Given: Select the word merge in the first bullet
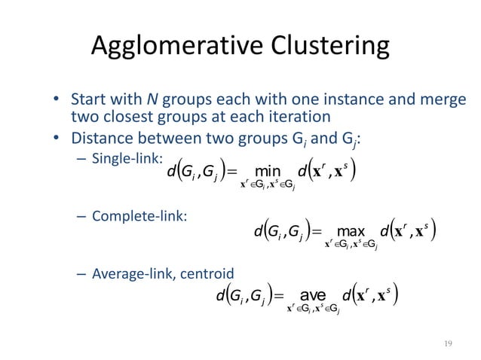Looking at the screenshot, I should [446, 100].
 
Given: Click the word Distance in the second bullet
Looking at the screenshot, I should [104, 138].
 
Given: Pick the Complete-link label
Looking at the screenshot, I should [139, 216].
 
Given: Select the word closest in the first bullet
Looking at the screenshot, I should [127, 117].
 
